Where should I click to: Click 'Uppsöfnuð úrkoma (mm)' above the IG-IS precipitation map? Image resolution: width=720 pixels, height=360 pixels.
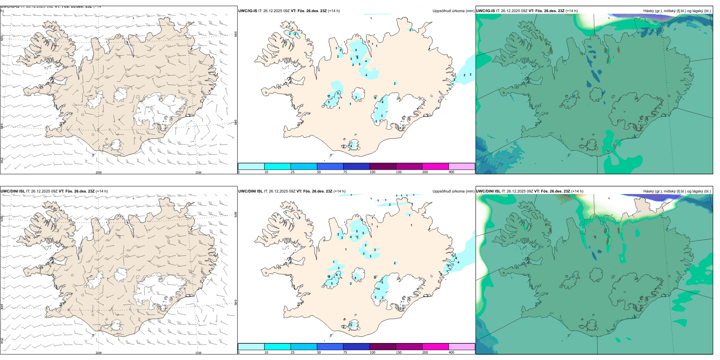coord(453,11)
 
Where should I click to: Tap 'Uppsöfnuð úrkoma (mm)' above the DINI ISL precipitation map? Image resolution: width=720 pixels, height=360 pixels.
coord(453,191)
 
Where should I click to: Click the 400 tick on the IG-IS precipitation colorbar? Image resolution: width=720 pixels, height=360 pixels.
coord(451,172)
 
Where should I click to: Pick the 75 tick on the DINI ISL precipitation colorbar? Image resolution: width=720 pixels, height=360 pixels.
coord(345,352)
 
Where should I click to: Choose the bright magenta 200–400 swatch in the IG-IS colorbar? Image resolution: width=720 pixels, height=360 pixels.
coord(435,166)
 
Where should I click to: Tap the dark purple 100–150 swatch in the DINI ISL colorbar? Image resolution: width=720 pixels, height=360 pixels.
coord(383,347)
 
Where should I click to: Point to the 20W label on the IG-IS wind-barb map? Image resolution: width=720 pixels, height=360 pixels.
coord(99,172)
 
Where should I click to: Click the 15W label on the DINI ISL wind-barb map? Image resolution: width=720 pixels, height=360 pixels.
coord(198,353)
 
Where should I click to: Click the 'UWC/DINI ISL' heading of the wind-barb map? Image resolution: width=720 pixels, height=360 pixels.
coord(13,191)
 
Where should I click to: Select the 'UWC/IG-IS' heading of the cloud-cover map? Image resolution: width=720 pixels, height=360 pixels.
coord(485,11)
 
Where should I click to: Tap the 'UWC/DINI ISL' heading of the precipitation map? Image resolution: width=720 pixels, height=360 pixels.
coord(250,191)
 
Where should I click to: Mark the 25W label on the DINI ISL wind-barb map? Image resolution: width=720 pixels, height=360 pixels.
coord(2,341)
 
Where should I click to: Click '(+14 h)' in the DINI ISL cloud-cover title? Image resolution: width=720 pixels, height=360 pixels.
coord(577,191)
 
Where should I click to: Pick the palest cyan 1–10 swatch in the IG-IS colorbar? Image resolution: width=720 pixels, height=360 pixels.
coord(251,166)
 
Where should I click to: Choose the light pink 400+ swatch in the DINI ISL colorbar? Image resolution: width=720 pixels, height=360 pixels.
coord(462,347)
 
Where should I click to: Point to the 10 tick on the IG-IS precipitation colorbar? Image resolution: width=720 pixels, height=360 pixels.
coord(266,172)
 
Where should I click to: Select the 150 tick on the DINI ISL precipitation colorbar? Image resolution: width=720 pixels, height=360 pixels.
coord(399,352)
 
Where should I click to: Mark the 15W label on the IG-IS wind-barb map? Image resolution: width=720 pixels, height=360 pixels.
coord(198,172)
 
